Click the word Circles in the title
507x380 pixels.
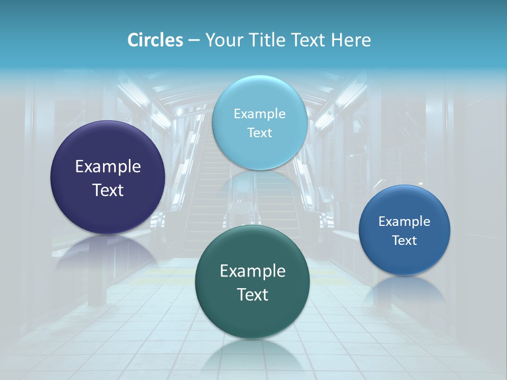pyautogui.click(x=155, y=40)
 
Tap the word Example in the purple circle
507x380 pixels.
pyautogui.click(x=108, y=167)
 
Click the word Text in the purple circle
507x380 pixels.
pyautogui.click(x=108, y=190)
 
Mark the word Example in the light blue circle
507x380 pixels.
pyautogui.click(x=260, y=113)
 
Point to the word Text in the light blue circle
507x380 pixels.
pyautogui.click(x=260, y=132)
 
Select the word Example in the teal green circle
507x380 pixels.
pyautogui.click(x=252, y=271)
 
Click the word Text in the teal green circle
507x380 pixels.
pyautogui.click(x=252, y=294)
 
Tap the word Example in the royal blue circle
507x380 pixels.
pyautogui.click(x=405, y=221)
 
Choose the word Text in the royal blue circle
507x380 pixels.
pyautogui.click(x=405, y=240)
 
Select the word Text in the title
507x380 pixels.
pyautogui.click(x=308, y=40)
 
